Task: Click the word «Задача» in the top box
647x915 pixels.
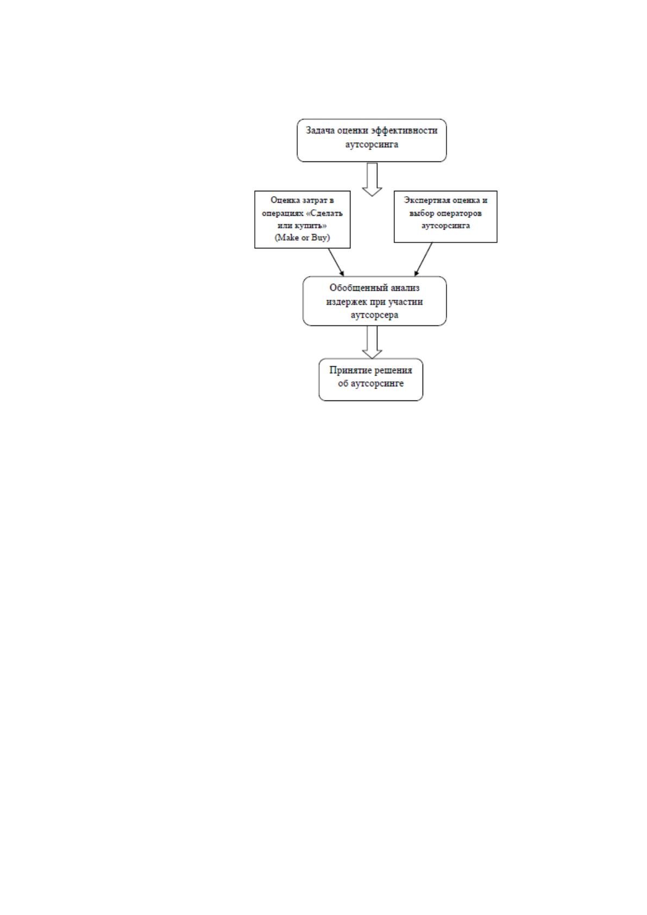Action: click(x=321, y=131)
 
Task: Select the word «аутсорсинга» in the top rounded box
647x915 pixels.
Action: click(x=372, y=145)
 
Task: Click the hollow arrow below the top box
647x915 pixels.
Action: click(x=372, y=179)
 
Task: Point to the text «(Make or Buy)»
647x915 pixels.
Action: click(x=302, y=238)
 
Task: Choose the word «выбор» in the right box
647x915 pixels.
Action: click(x=421, y=213)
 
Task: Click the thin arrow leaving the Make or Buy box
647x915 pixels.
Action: click(x=336, y=262)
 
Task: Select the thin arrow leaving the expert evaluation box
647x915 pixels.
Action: click(x=423, y=259)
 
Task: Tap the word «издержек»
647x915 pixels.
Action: click(x=345, y=302)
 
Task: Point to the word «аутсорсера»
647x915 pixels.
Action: click(x=374, y=315)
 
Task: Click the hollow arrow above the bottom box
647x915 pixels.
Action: click(x=372, y=342)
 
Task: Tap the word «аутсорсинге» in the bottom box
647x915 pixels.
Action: click(x=378, y=383)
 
